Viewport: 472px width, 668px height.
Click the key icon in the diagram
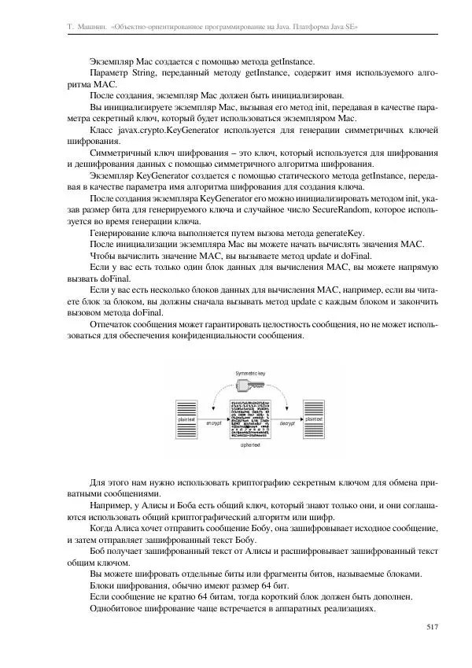[x=257, y=385]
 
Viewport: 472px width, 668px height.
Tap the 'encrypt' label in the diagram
[x=215, y=423]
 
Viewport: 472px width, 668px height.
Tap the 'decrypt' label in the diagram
[x=286, y=423]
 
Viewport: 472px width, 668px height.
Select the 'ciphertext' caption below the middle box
[x=251, y=444]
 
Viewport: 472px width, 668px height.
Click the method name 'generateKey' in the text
[x=338, y=233]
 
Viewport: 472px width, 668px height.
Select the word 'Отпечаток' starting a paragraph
[x=114, y=324]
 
